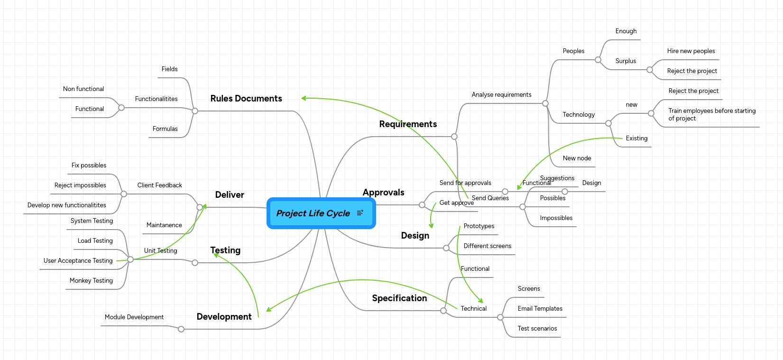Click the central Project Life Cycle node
pos(313,213)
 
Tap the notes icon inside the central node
pos(360,213)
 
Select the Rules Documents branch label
pos(246,99)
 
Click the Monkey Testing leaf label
pos(91,281)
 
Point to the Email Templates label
pos(540,309)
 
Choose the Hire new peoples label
pos(691,51)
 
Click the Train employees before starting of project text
pos(711,114)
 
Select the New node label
pos(577,158)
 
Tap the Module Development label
pos(134,317)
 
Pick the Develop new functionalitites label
pos(66,205)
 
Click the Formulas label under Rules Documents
pos(165,129)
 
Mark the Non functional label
pos(83,89)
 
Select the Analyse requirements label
pos(501,95)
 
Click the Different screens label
pos(487,246)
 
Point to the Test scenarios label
pos(537,329)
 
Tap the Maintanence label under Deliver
pos(164,225)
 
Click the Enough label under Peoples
pos(626,31)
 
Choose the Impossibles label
pos(556,218)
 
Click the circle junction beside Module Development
pos(181,329)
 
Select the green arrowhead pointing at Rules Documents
pos(304,98)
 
